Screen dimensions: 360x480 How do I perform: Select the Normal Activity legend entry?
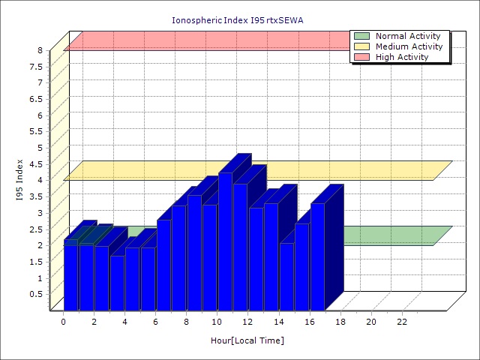tap(409, 36)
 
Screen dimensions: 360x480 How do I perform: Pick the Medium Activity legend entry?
tap(409, 46)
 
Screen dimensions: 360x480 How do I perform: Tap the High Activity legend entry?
tap(402, 57)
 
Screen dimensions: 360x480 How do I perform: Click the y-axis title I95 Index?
tap(19, 180)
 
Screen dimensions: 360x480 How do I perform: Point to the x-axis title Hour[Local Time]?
tap(247, 340)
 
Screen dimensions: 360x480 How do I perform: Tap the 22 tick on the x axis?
tap(402, 322)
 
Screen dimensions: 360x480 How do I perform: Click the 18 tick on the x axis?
tap(340, 322)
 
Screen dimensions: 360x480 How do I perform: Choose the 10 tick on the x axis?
tap(217, 322)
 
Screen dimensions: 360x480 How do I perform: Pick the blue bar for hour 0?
tap(70, 277)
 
